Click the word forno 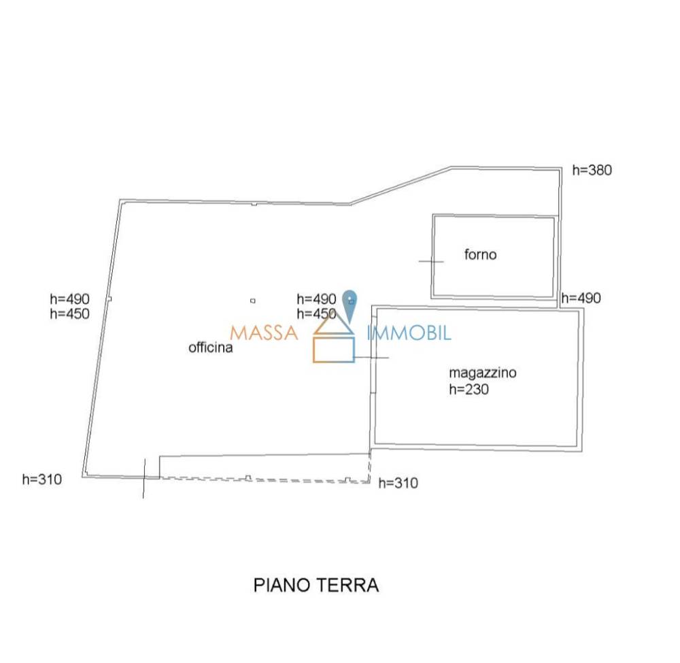480,254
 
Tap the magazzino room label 483,373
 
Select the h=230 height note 469,389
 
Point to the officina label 210,347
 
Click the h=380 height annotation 592,170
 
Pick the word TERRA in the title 347,585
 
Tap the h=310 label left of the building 42,479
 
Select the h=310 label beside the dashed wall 398,483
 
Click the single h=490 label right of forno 581,299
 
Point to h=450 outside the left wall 70,313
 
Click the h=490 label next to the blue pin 317,299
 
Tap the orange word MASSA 264,333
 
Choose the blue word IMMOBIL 409,333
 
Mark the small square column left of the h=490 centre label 253,301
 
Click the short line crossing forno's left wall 431,262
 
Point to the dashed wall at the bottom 265,479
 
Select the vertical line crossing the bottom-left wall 144,478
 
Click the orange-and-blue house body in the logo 334,350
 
